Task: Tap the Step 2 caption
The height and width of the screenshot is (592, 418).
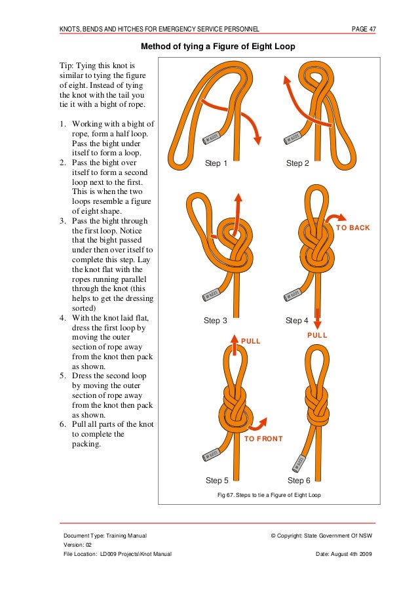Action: point(297,164)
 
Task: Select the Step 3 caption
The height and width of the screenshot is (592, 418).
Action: point(216,321)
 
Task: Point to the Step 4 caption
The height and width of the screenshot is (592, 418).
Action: point(297,321)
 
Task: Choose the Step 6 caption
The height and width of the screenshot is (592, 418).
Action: point(299,481)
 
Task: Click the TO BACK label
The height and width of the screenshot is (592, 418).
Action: point(353,228)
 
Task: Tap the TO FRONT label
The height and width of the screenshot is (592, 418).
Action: point(263,439)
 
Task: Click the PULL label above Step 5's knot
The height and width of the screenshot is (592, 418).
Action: point(251,341)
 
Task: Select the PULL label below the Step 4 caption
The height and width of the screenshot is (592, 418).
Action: point(317,335)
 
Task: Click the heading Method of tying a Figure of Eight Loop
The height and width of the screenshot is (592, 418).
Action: point(218,47)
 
